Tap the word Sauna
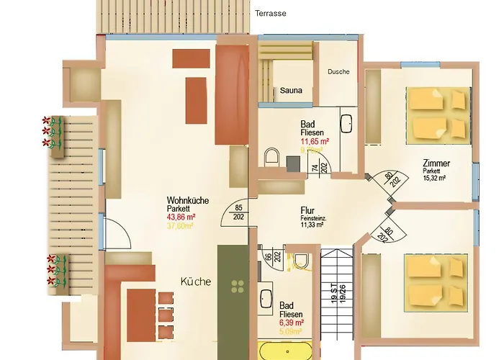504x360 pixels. [x=292, y=91]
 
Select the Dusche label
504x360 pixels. [x=338, y=71]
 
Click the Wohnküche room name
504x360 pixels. [x=186, y=200]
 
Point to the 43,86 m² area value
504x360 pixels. [x=181, y=216]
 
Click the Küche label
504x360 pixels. [x=196, y=282]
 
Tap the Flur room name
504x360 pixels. [x=308, y=211]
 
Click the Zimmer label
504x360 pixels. [x=437, y=165]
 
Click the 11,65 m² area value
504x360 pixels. [x=315, y=142]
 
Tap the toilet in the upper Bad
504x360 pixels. [x=272, y=156]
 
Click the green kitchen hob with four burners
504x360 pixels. [x=237, y=289]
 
